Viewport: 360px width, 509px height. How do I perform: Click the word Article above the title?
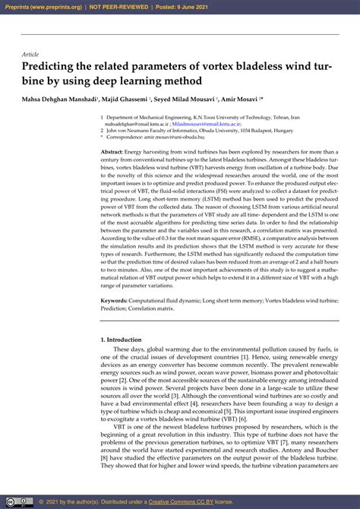click(30, 55)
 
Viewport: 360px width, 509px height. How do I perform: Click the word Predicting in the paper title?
click(54, 67)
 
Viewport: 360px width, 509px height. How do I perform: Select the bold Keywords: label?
click(116, 301)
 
